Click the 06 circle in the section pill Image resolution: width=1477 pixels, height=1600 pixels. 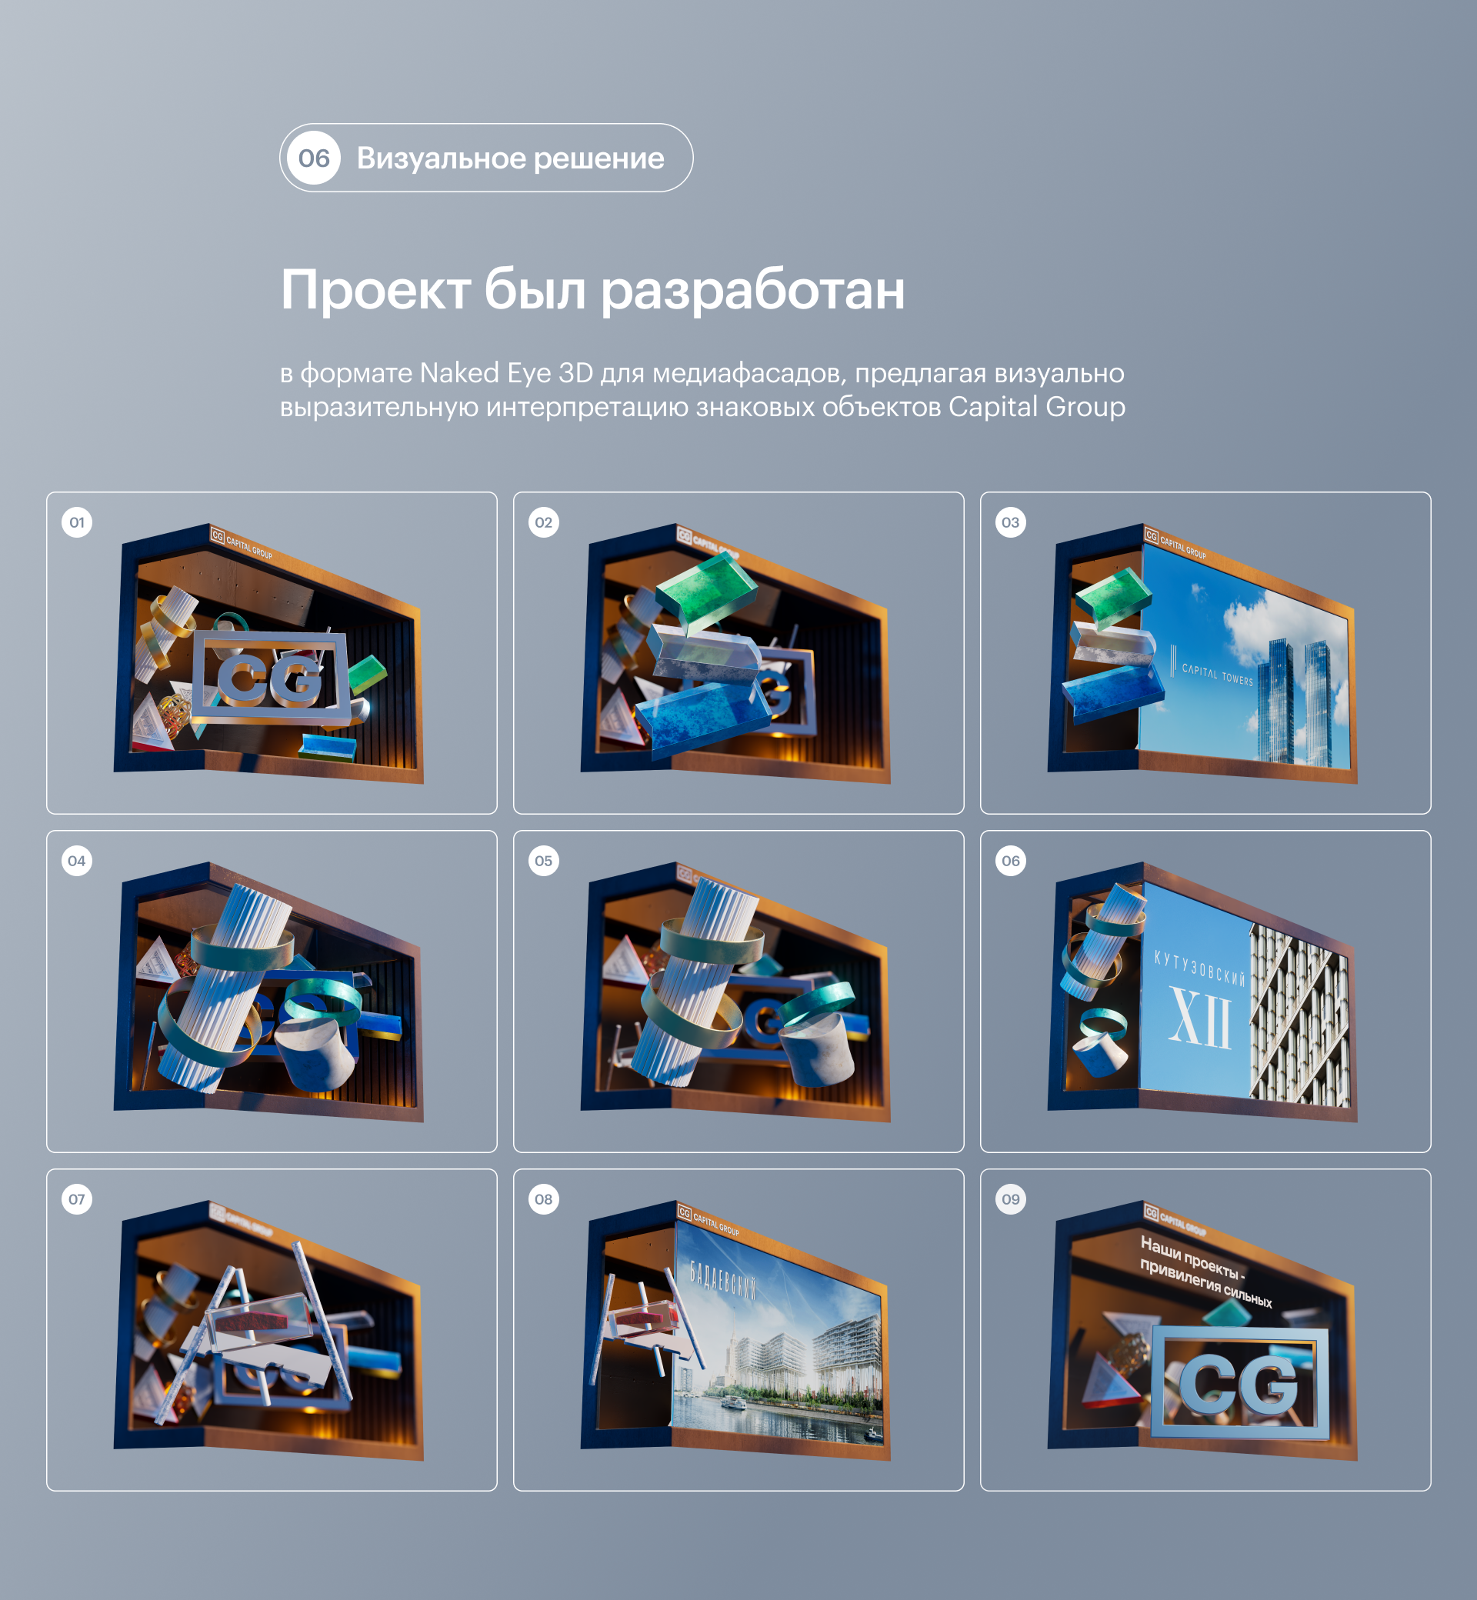pyautogui.click(x=314, y=158)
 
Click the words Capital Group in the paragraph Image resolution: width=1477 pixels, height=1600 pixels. pyautogui.click(x=1037, y=407)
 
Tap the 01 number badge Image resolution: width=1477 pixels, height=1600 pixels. pyautogui.click(x=77, y=522)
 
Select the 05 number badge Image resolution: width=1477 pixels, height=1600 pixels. pyautogui.click(x=543, y=861)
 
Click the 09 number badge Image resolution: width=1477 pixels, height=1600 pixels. pyautogui.click(x=1010, y=1198)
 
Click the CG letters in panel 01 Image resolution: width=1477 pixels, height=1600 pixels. pyautogui.click(x=270, y=680)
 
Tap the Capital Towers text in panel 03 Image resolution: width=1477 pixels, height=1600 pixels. pyautogui.click(x=1216, y=674)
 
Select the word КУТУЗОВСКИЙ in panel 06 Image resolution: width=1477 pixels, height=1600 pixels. pyautogui.click(x=1199, y=968)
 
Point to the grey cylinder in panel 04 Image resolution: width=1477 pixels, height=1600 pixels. pyautogui.click(x=317, y=1054)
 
